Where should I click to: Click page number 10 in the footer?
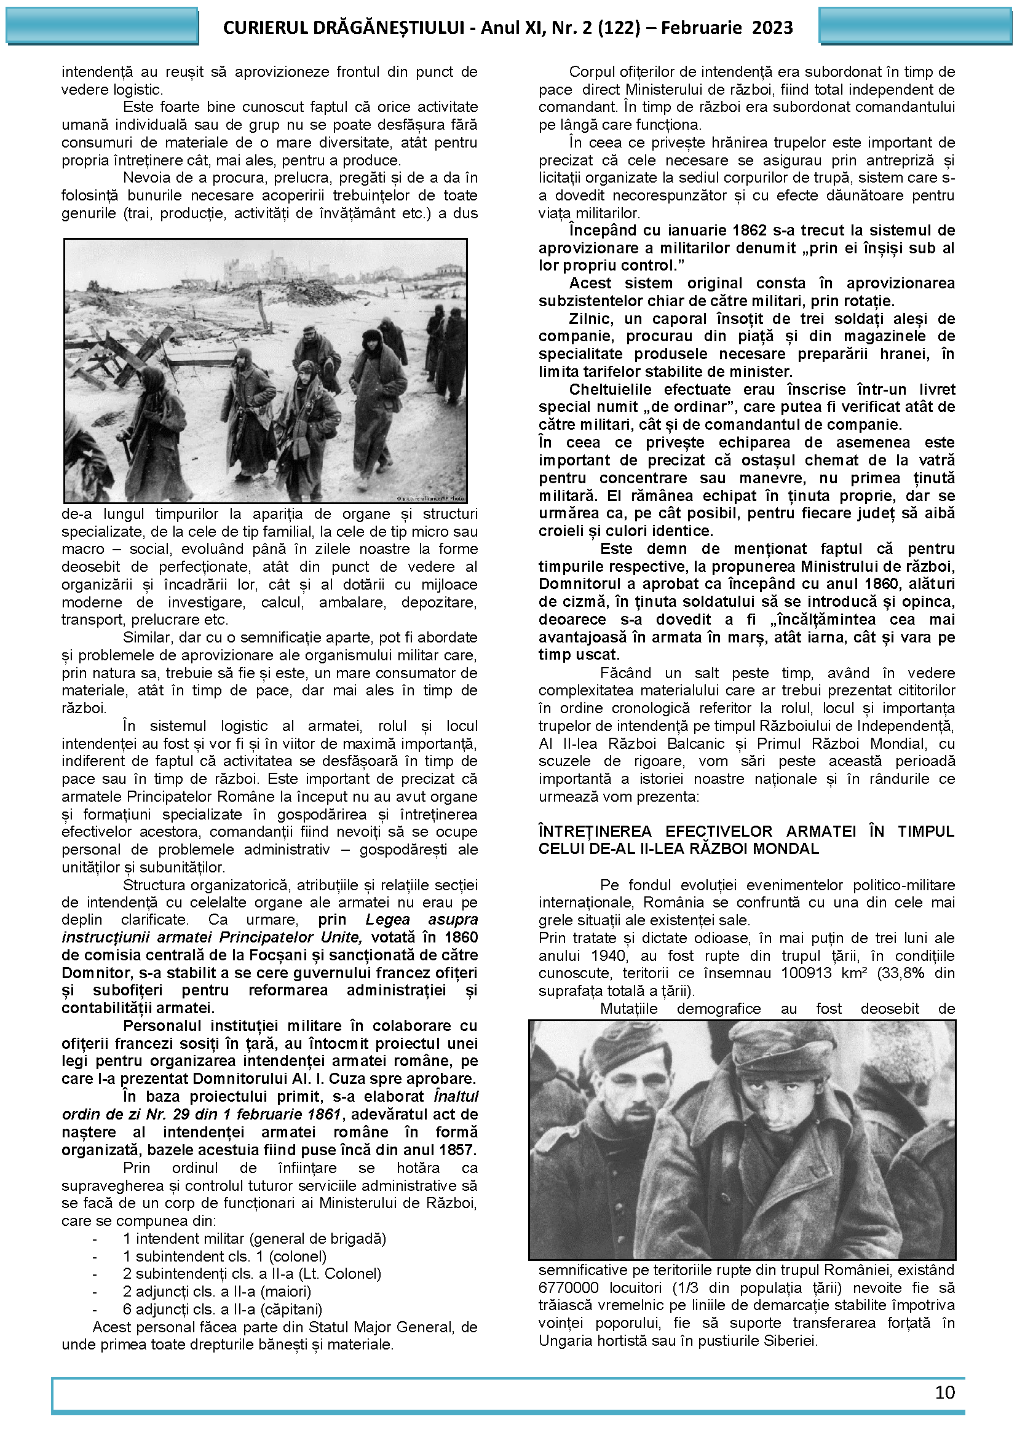[944, 1393]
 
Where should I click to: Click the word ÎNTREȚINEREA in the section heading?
[595, 831]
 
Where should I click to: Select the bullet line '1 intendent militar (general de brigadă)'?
[255, 1238]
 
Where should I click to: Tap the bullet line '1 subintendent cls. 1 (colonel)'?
[225, 1257]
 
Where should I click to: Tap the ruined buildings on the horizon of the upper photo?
[269, 266]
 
